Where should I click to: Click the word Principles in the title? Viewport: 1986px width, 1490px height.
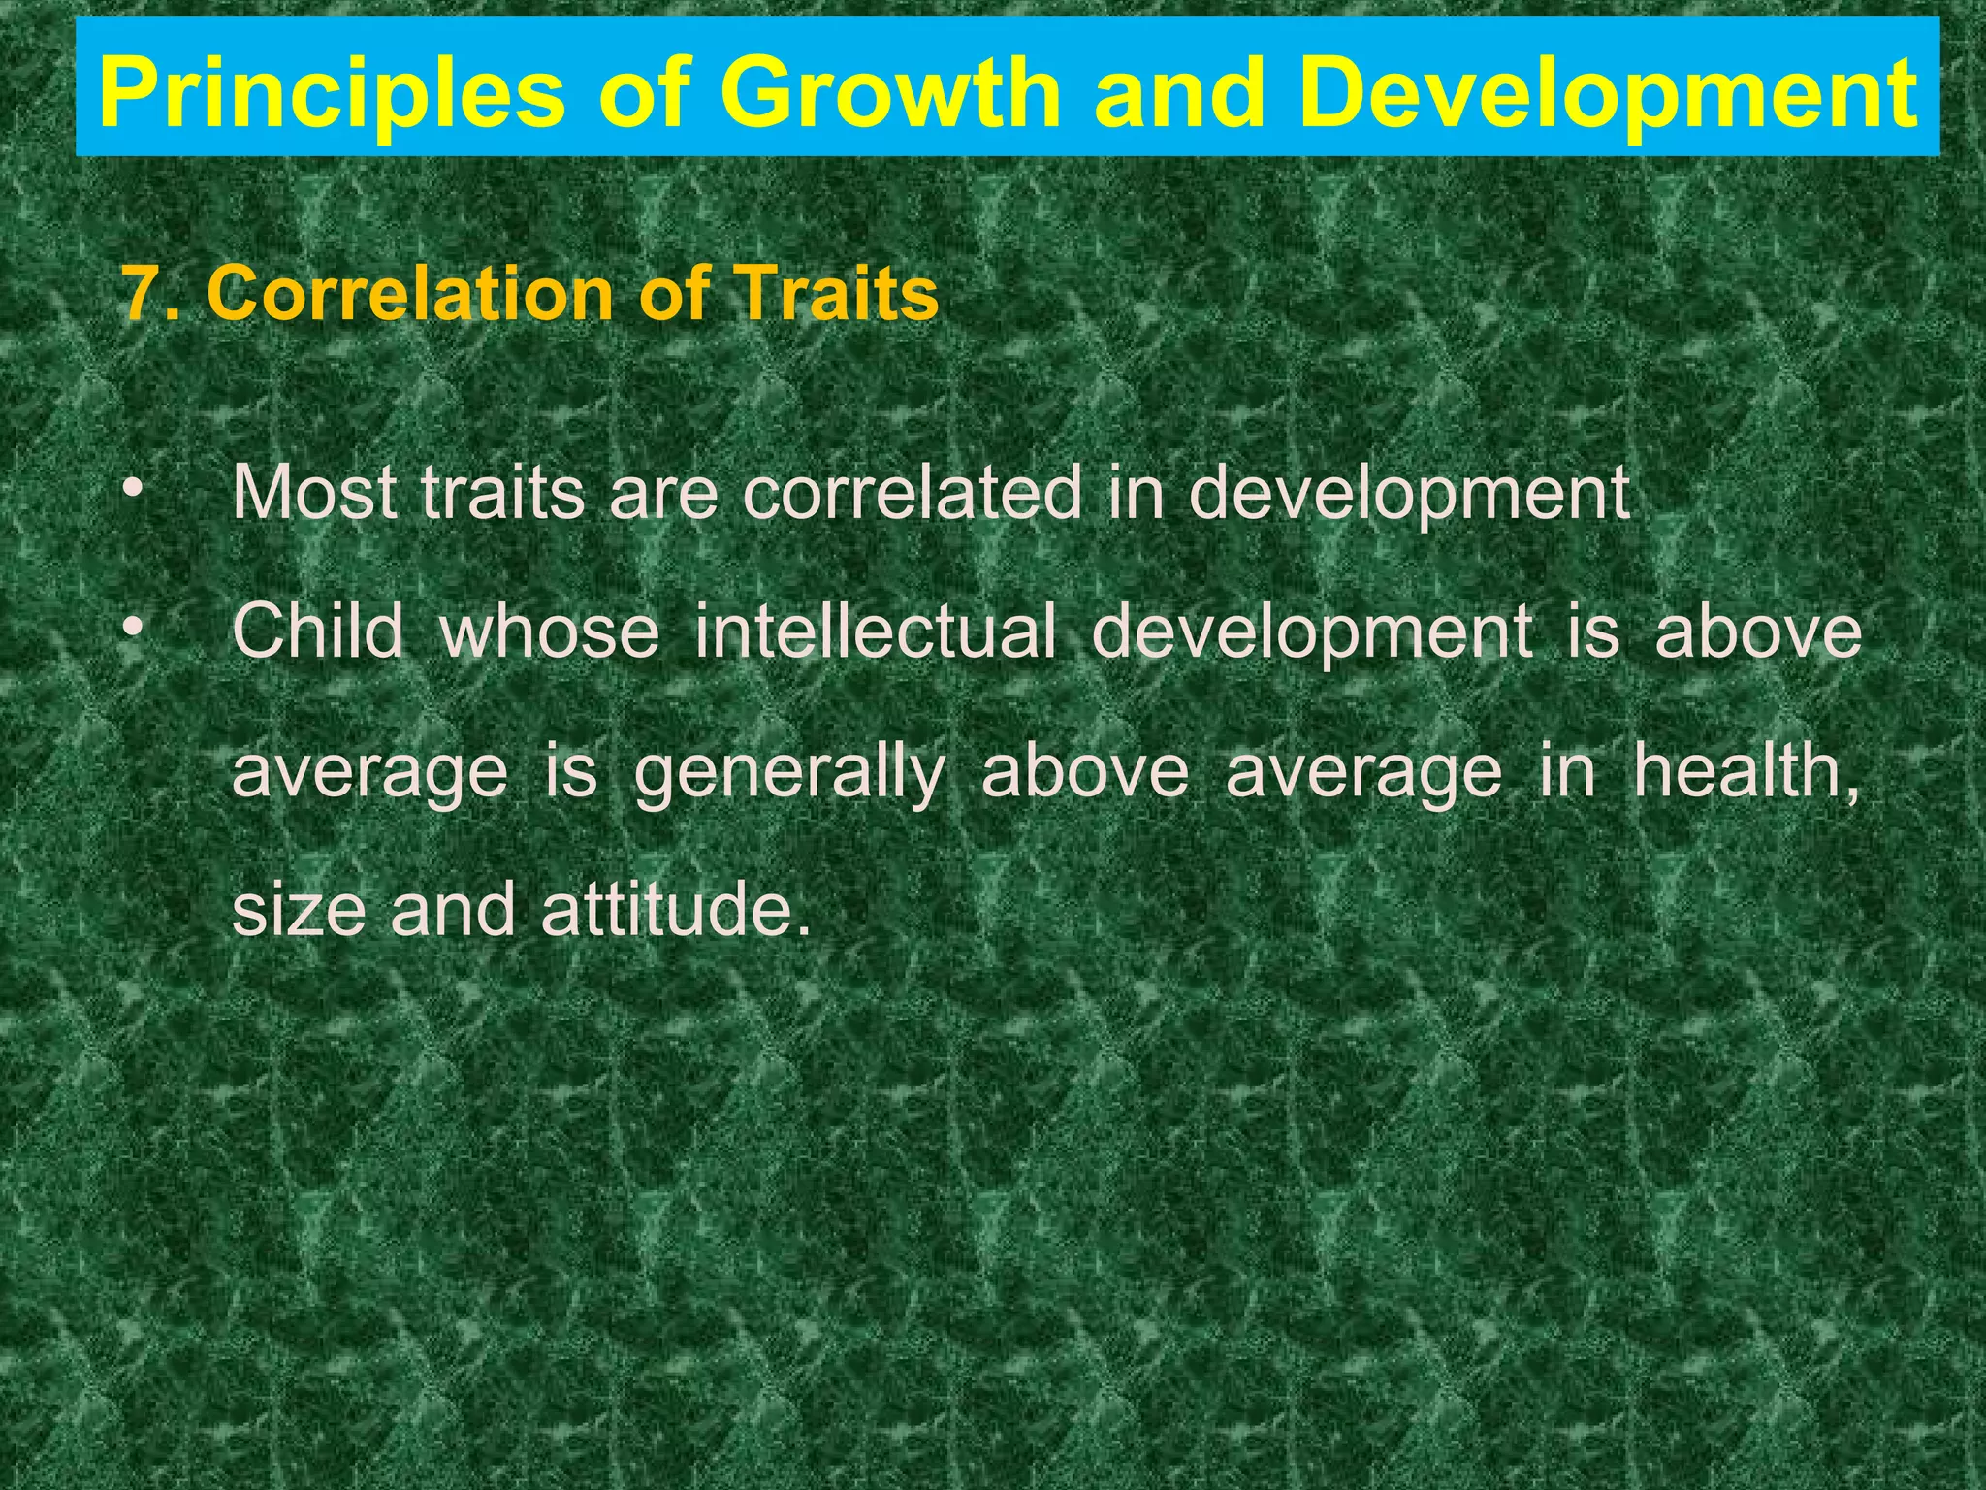click(x=331, y=93)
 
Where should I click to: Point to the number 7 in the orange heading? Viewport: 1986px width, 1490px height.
click(x=139, y=293)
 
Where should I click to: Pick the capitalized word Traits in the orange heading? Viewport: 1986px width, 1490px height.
click(x=835, y=293)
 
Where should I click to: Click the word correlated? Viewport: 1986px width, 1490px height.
click(x=912, y=493)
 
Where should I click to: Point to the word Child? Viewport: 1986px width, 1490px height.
click(x=318, y=632)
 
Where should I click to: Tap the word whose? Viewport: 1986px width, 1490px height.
click(x=549, y=632)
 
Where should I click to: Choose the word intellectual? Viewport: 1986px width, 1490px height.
click(x=875, y=632)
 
